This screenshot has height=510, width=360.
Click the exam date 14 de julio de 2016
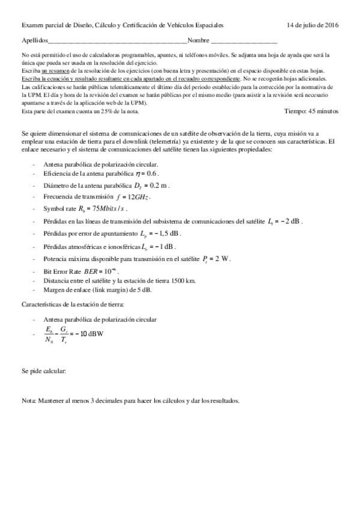[x=313, y=25]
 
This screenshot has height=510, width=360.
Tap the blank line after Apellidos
[x=117, y=41]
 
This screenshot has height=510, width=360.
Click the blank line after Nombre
[x=244, y=41]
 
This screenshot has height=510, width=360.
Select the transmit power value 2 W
[x=223, y=258]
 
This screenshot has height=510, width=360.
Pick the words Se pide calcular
[x=44, y=370]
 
